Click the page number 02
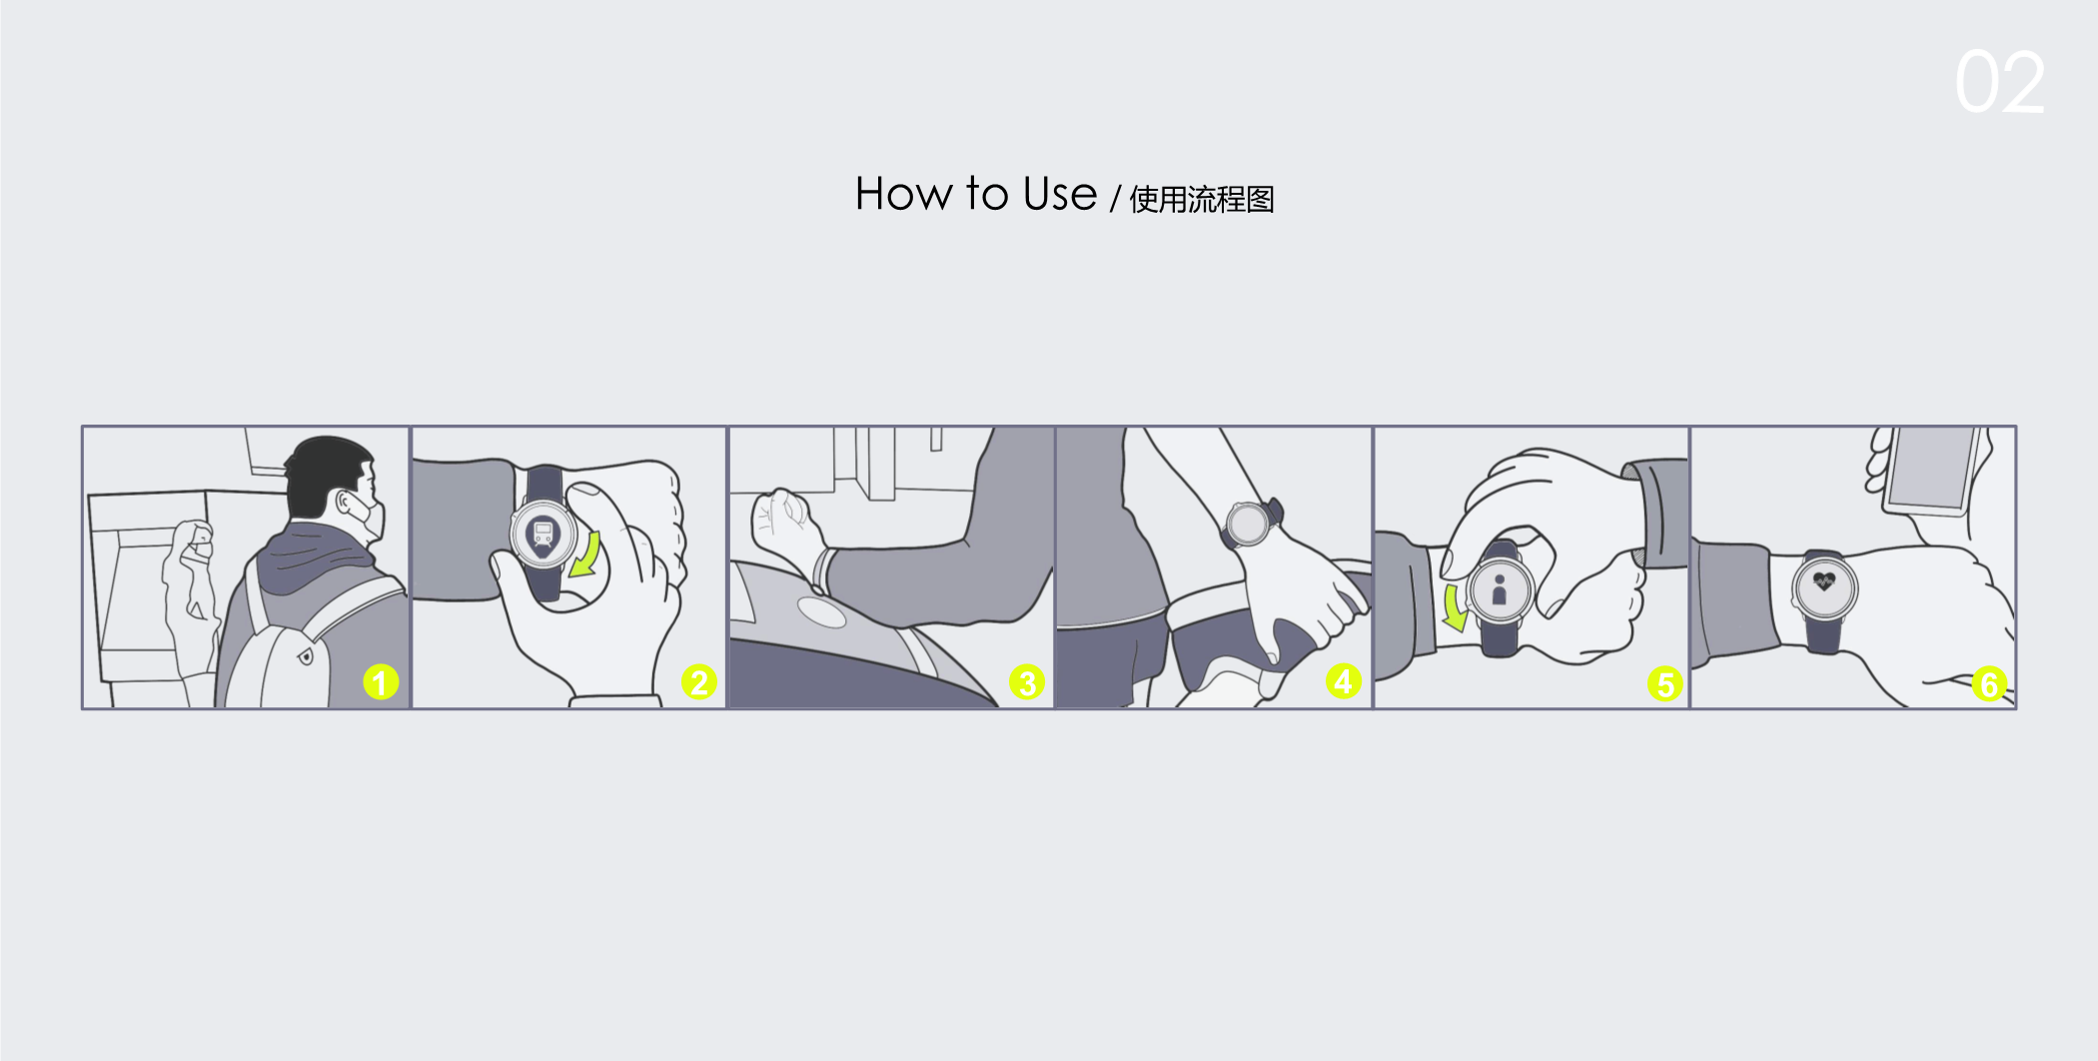(x=2000, y=82)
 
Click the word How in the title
(x=903, y=193)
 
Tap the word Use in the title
(x=1060, y=193)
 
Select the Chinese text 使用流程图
(x=1202, y=199)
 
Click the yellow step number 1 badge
(x=381, y=682)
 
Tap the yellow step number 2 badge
(x=698, y=682)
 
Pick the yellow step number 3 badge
(x=1026, y=682)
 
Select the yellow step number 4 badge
(x=1344, y=681)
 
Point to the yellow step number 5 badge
(x=1664, y=684)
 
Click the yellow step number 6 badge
(x=1988, y=684)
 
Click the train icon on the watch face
(x=542, y=537)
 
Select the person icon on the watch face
(x=1499, y=589)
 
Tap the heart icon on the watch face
(x=1824, y=580)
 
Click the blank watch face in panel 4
(x=1248, y=524)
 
